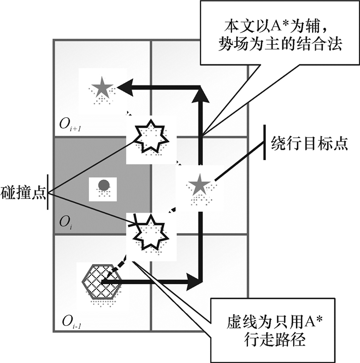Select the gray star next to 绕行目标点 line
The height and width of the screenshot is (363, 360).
tap(199, 184)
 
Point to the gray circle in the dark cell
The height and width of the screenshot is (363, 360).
tap(103, 184)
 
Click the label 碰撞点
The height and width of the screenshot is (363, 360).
tap(23, 195)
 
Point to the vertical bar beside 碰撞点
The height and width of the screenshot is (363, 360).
tap(47, 195)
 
